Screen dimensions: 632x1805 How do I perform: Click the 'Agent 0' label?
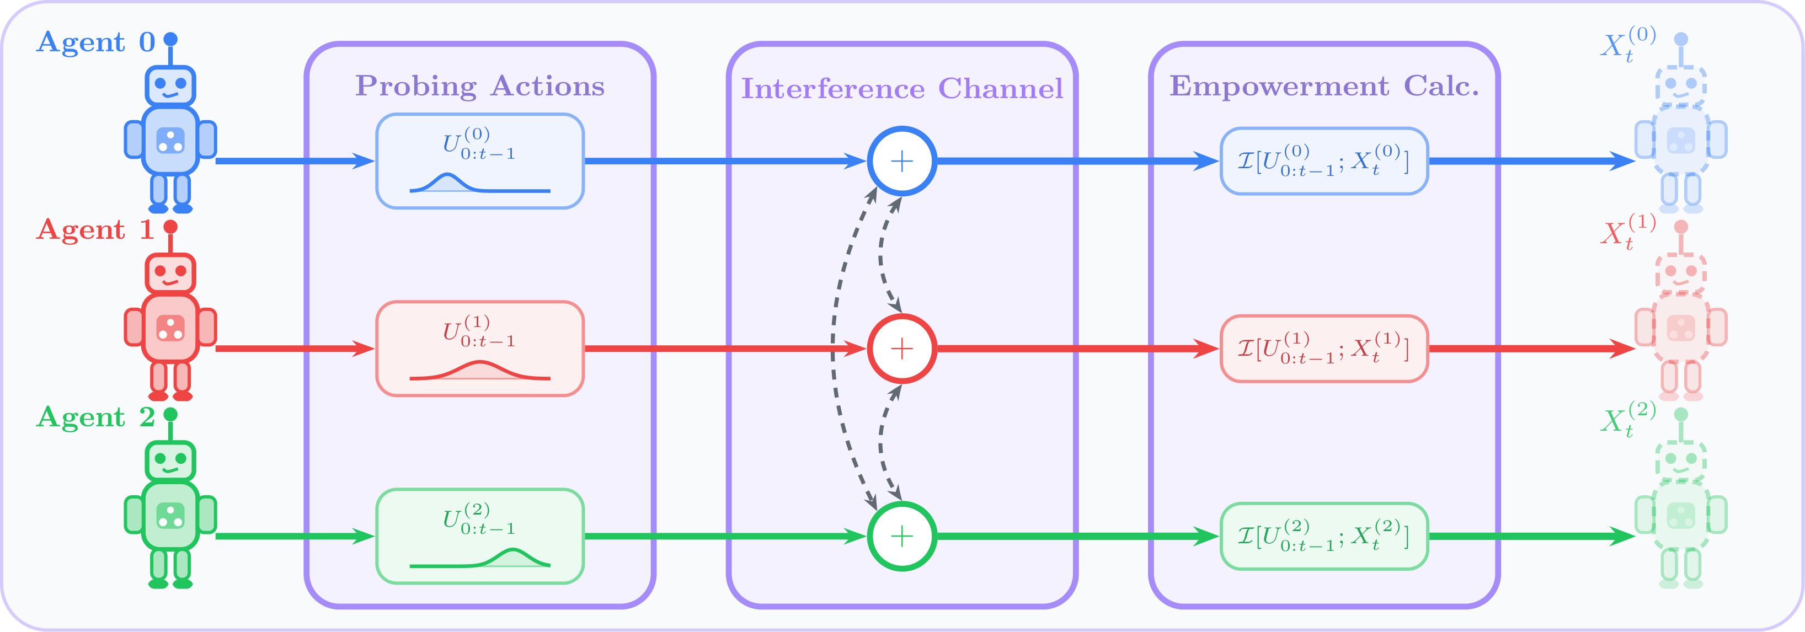tap(95, 42)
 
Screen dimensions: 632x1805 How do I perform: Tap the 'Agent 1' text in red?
tap(95, 230)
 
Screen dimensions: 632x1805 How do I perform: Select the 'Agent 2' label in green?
tap(95, 417)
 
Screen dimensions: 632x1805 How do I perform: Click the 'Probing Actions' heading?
tap(480, 86)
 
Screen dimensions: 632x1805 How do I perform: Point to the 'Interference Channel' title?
tap(902, 89)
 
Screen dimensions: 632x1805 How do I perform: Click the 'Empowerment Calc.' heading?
tap(1323, 86)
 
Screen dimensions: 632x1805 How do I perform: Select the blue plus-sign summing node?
tap(902, 161)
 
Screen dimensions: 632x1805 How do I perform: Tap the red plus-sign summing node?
tap(902, 348)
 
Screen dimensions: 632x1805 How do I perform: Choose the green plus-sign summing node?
tap(902, 536)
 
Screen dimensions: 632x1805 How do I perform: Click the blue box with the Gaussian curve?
tap(480, 161)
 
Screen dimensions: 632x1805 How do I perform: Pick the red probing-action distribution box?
tap(480, 348)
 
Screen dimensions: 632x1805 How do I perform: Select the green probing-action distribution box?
tap(480, 536)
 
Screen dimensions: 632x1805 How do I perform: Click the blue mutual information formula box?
tap(1323, 161)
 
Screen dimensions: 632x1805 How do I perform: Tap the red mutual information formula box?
tap(1323, 348)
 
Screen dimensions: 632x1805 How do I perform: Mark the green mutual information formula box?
tap(1323, 536)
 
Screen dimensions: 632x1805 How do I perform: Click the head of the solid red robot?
tap(170, 273)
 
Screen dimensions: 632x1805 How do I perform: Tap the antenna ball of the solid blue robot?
tap(170, 39)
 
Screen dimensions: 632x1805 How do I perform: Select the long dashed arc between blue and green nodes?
tap(834, 348)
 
